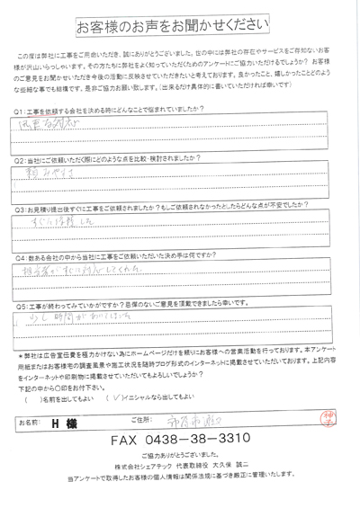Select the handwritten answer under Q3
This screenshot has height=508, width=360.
[63, 228]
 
